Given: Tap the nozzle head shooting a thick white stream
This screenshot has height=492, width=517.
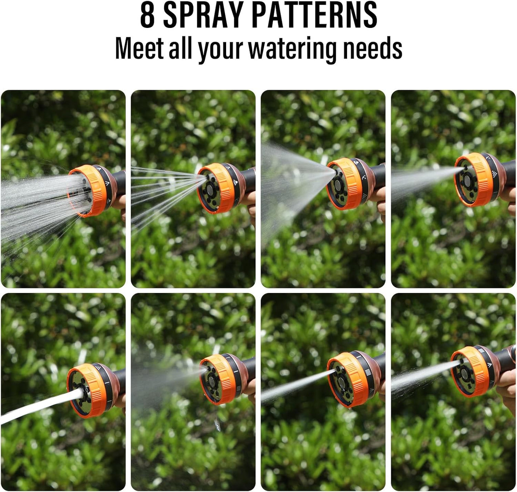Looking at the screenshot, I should coord(86,390).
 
